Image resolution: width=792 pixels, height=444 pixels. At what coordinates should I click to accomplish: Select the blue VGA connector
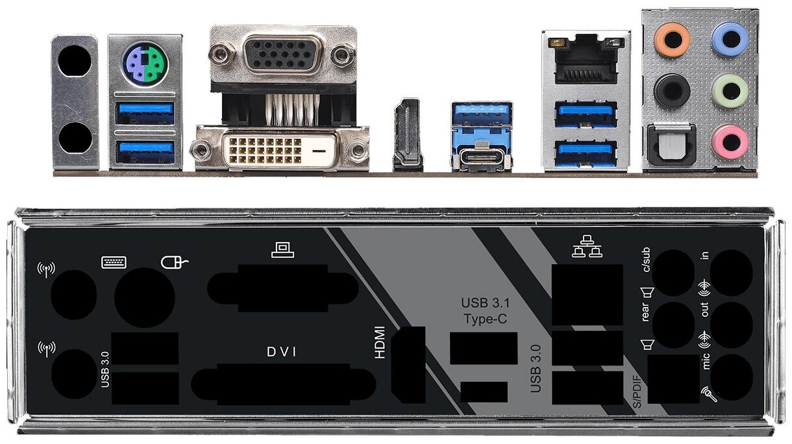(283, 55)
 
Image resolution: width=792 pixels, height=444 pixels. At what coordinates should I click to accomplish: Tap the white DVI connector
(282, 150)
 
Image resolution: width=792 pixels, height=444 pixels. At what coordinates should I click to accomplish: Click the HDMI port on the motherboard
(407, 134)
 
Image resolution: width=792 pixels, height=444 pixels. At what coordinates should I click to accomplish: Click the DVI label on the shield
(281, 352)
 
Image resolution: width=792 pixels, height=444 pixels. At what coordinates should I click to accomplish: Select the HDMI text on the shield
(380, 342)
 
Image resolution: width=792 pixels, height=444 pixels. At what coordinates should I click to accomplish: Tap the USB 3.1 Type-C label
(484, 310)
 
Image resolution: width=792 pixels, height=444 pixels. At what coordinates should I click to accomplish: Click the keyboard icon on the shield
(114, 262)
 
